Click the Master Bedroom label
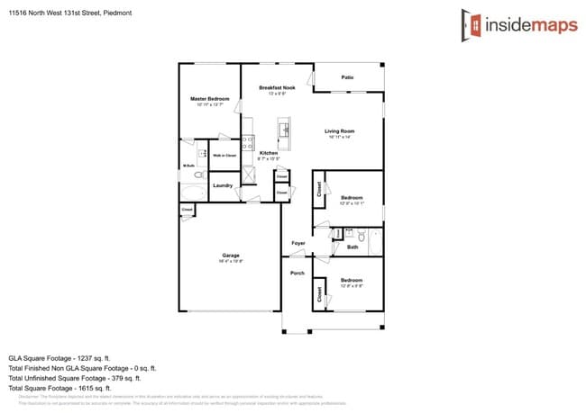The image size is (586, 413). tap(209, 98)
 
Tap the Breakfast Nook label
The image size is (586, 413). tap(272, 87)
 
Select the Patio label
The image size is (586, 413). tap(347, 77)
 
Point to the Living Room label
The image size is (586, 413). tap(340, 131)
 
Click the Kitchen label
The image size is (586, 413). tap(269, 153)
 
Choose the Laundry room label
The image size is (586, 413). tap(224, 185)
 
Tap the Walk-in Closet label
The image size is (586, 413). tap(224, 155)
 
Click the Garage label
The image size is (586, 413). tap(231, 256)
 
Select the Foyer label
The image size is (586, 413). tap(298, 243)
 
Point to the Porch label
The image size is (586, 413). tap(297, 273)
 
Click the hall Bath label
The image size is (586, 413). tap(353, 247)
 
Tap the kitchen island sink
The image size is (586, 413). tap(286, 131)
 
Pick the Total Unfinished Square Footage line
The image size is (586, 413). tap(82, 378)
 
